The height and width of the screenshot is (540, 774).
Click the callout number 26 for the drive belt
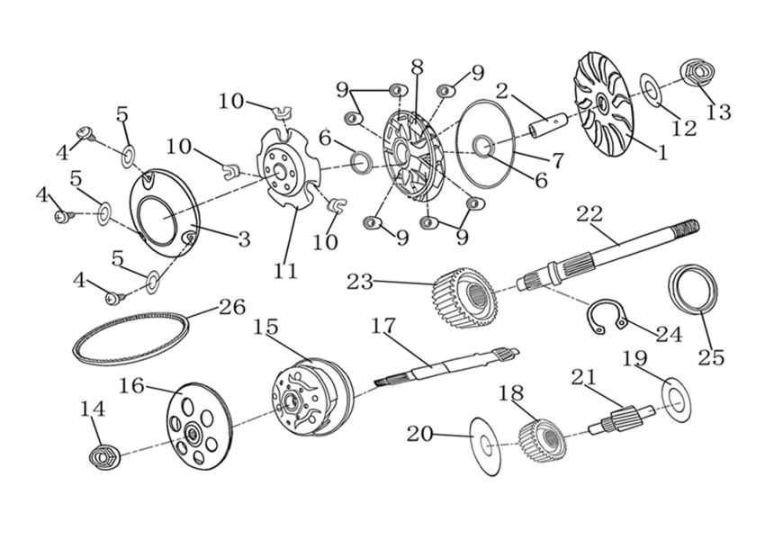coord(231,308)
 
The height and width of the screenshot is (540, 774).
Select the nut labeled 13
coord(694,72)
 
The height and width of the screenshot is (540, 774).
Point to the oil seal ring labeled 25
coord(694,288)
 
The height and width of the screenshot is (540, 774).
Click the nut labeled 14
coord(104,456)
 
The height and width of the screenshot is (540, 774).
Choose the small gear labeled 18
coord(541,438)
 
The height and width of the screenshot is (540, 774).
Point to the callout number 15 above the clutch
coord(265,328)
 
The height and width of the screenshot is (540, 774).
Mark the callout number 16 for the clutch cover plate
coord(131,385)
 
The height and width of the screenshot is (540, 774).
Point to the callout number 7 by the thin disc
coord(557,160)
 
